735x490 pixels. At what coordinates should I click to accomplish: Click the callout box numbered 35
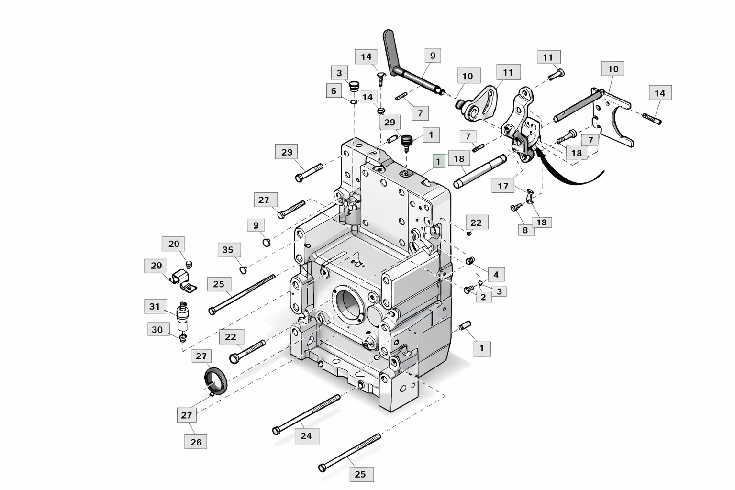click(229, 250)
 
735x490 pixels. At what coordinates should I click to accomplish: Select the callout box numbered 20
click(174, 244)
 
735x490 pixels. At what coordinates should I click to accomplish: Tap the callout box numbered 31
click(154, 306)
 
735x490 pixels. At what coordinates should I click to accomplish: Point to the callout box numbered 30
click(157, 329)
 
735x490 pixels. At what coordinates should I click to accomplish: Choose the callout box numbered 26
click(196, 442)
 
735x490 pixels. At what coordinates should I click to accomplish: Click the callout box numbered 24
click(307, 436)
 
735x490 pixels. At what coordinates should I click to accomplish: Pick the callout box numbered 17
click(503, 186)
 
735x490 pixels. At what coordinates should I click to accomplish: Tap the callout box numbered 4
click(496, 274)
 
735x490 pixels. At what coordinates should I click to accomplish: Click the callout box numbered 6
click(334, 90)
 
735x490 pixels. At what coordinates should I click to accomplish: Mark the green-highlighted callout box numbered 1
click(439, 161)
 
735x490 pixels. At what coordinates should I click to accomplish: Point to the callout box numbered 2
click(484, 297)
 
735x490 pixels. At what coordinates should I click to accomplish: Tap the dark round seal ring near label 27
click(216, 381)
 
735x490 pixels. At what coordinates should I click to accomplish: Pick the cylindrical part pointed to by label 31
click(183, 317)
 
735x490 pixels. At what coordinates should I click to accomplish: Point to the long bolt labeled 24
click(306, 415)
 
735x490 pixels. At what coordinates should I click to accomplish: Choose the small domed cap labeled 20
click(189, 264)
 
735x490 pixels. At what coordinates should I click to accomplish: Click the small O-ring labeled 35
click(243, 270)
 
